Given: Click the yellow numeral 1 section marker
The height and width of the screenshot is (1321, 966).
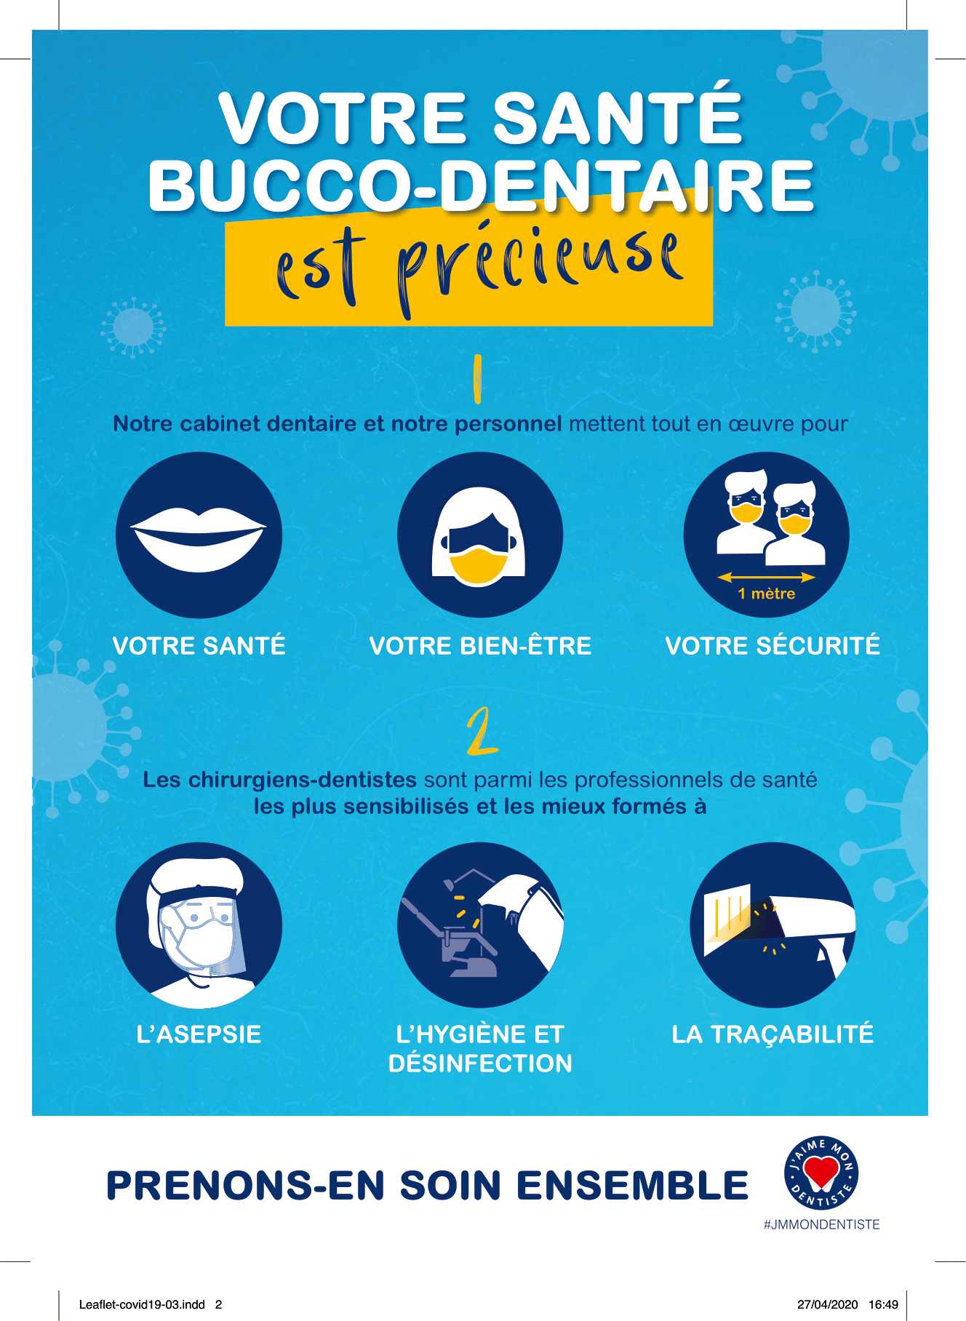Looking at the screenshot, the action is pos(477,378).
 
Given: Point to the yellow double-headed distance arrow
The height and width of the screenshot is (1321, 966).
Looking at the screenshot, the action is pos(766,578).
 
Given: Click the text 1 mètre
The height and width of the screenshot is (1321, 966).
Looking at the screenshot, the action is pos(766,594).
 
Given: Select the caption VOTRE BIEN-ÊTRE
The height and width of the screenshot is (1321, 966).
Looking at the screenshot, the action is pos(480,646).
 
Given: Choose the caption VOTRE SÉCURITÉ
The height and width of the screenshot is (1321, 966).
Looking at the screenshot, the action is pos(773,646).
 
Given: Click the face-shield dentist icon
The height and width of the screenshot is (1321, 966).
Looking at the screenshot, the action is pos(199,925).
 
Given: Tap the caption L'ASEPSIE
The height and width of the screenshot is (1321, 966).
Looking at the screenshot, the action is pos(199,1034).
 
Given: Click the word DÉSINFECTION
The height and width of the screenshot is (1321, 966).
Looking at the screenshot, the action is pos(480,1063).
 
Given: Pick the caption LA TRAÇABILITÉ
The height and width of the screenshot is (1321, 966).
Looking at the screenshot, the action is pos(773,1034).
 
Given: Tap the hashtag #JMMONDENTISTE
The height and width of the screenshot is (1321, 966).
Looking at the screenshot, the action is pos(821,1225).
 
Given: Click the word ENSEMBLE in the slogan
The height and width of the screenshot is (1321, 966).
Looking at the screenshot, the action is pos(632,1186).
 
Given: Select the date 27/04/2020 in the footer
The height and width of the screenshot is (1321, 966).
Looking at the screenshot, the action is pos(828,1305).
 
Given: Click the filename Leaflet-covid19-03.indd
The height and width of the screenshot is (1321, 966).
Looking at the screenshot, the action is pos(142,1305).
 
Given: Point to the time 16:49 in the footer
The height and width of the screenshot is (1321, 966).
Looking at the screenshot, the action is pos(883,1305).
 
